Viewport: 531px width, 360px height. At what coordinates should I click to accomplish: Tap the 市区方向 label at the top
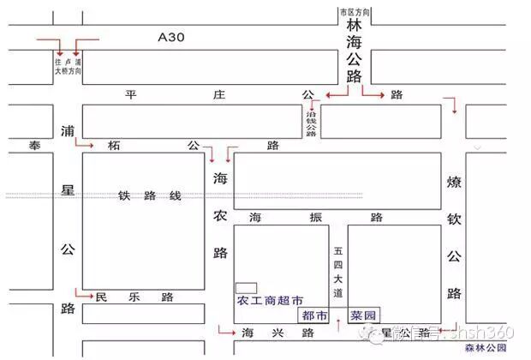[x=355, y=13]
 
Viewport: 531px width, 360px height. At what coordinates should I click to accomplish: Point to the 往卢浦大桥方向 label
[x=67, y=66]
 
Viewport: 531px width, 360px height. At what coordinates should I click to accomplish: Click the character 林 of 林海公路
[x=355, y=27]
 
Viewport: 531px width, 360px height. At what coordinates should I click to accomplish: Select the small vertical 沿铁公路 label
[x=312, y=121]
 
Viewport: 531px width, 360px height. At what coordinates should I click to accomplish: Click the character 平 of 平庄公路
[x=131, y=94]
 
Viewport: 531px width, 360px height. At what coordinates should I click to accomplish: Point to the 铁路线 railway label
[x=150, y=195]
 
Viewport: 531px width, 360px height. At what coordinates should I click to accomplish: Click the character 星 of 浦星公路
[x=68, y=189]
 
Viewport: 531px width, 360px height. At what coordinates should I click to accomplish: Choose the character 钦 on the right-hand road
[x=454, y=219]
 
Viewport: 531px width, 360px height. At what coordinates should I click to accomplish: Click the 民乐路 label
[x=134, y=297]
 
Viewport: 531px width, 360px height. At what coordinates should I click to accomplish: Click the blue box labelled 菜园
[x=362, y=315]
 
